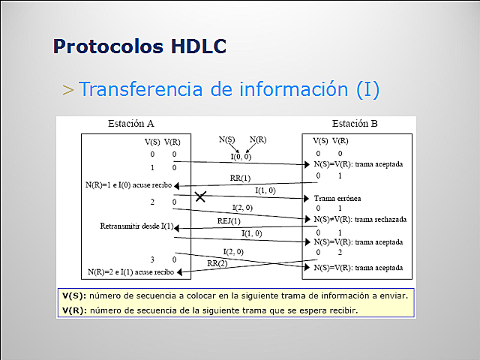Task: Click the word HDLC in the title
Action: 193,46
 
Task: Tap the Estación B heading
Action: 355,124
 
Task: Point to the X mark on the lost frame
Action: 200,196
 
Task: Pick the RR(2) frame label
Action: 218,263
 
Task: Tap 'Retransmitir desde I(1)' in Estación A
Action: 136,226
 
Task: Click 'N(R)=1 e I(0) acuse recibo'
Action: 129,184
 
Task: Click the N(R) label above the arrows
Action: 258,139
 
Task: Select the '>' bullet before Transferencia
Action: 68,90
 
